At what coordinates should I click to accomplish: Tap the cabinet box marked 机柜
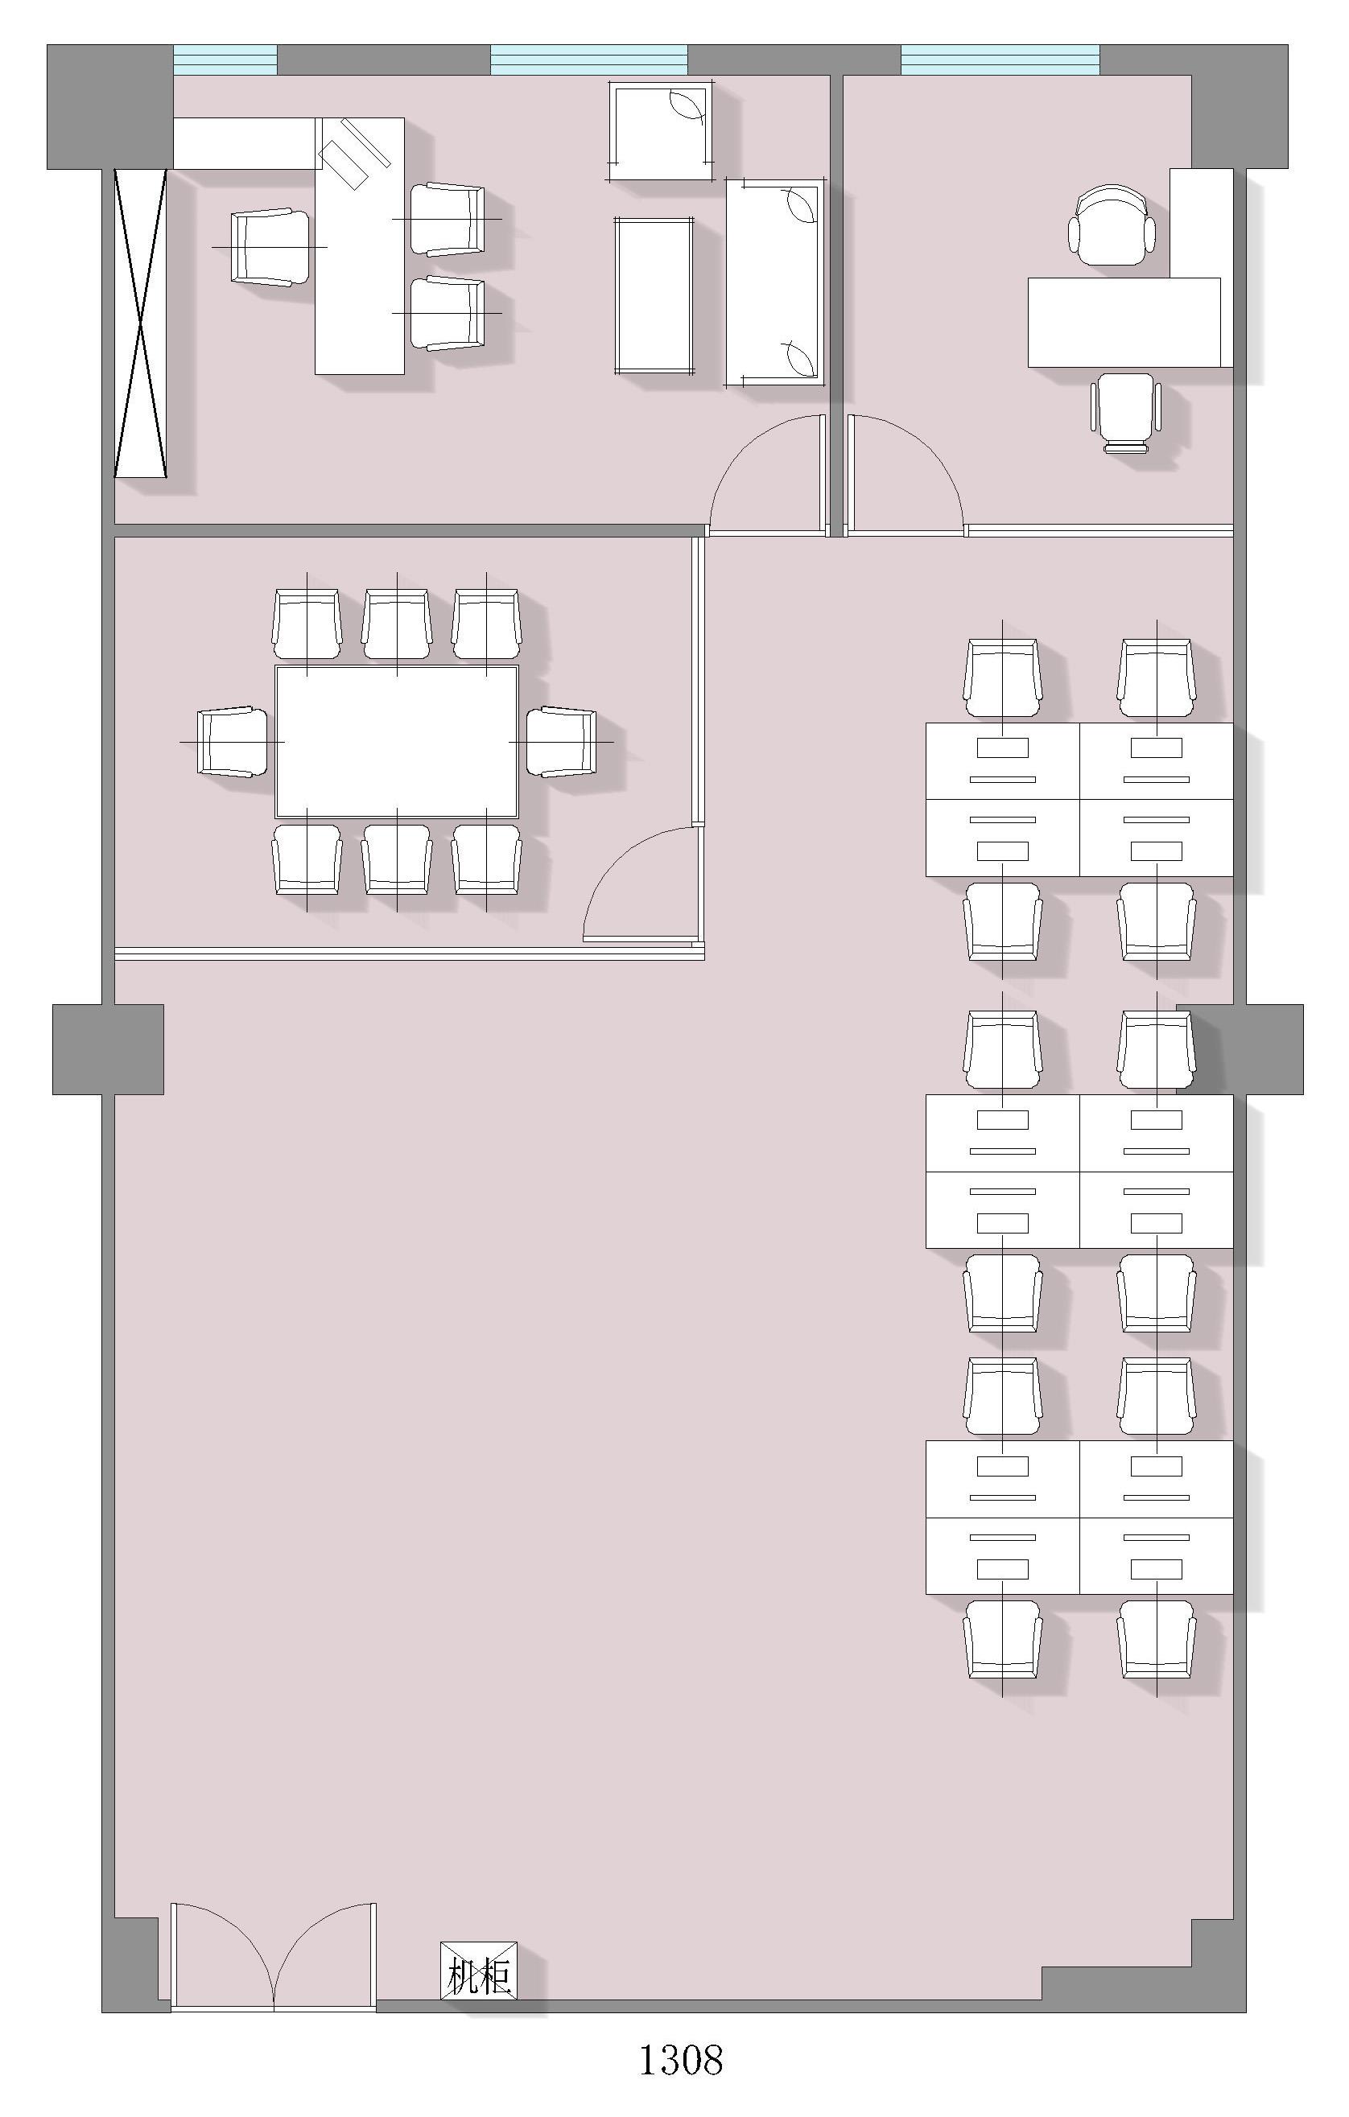point(478,1971)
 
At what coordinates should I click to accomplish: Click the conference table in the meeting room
point(397,742)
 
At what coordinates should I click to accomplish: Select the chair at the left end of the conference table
point(233,742)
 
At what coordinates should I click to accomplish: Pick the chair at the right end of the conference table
point(561,742)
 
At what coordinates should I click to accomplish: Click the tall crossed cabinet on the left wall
point(141,323)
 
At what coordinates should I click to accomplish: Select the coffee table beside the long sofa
point(656,296)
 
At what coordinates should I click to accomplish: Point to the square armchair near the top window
point(661,131)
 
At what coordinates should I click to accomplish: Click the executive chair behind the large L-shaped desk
point(271,247)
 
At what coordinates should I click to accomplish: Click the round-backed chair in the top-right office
point(1112,224)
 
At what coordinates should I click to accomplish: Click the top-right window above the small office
point(1000,60)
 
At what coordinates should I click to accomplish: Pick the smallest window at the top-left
point(225,60)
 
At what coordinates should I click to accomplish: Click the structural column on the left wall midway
point(108,1048)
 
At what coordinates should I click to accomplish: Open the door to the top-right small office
point(906,475)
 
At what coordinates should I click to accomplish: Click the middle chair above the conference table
point(397,624)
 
